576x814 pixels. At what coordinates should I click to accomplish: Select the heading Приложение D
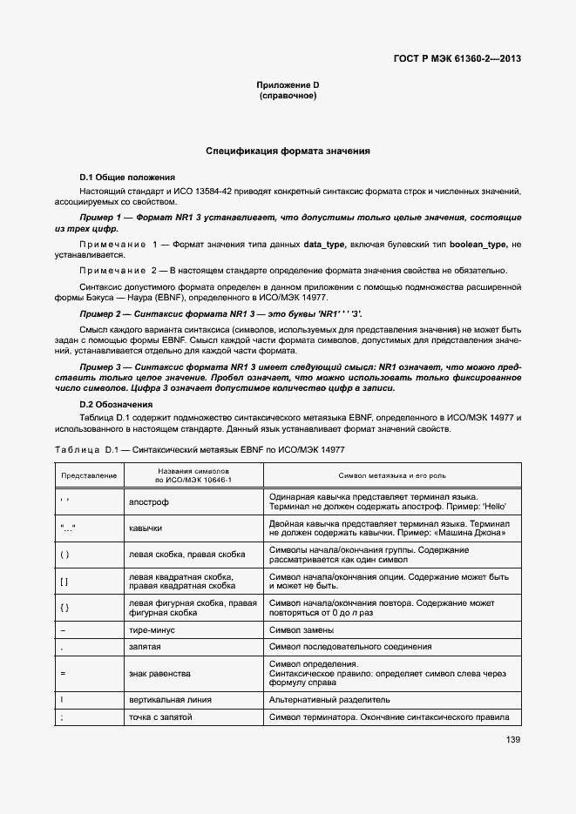pos(288,84)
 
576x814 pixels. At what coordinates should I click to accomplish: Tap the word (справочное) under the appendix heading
pos(288,95)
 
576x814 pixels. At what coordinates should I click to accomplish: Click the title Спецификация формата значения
pos(288,151)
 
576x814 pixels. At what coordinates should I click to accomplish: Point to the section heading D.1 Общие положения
pos(127,177)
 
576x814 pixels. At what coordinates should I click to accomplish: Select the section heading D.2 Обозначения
pos(116,405)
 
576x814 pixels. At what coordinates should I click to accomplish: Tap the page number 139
pos(512,740)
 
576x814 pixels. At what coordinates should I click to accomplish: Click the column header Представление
pos(88,475)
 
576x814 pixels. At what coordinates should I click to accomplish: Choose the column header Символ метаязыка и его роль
pos(394,475)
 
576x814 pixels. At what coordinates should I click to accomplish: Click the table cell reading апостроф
pos(150,501)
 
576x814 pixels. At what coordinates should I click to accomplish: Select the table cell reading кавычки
pos(146,528)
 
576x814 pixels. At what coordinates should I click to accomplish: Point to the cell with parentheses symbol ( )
pos(64,554)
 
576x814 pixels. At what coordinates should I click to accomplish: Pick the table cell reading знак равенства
pos(160,673)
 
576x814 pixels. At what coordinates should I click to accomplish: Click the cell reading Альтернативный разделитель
pos(329,699)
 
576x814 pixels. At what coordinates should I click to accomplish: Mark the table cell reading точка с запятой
pos(160,716)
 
